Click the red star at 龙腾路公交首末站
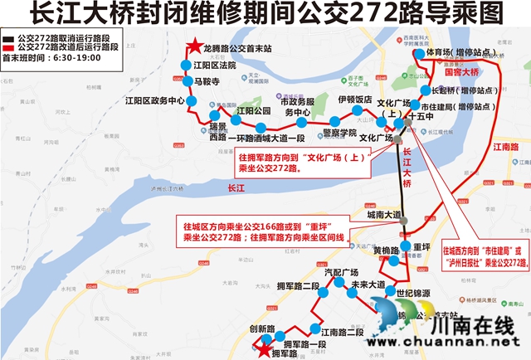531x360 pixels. click(193, 49)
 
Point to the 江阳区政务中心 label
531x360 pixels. click(153, 100)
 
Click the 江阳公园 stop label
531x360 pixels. click(253, 109)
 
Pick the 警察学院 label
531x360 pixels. click(339, 132)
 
